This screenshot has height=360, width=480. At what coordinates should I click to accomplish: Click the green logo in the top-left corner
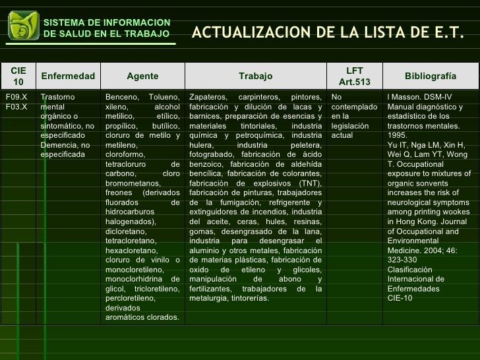pyautogui.click(x=23, y=26)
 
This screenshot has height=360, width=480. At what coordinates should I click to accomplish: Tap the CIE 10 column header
pyautogui.click(x=18, y=76)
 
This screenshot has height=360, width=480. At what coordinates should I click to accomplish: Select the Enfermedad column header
pyautogui.click(x=68, y=76)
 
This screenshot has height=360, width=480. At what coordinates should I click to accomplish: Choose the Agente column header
pyautogui.click(x=142, y=76)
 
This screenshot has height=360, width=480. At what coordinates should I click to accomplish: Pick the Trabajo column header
pyautogui.click(x=255, y=76)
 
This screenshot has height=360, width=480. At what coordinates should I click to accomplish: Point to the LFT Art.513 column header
pyautogui.click(x=355, y=76)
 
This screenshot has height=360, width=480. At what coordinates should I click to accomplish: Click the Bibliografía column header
pyautogui.click(x=430, y=76)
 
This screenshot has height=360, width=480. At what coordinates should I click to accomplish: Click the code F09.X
pyautogui.click(x=16, y=98)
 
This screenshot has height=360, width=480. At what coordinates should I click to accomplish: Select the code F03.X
pyautogui.click(x=16, y=107)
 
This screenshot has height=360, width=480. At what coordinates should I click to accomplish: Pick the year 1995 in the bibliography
pyautogui.click(x=398, y=135)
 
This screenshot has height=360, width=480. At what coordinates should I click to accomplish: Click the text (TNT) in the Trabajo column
pyautogui.click(x=309, y=183)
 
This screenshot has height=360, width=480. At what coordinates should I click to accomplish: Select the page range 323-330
pyautogui.click(x=402, y=260)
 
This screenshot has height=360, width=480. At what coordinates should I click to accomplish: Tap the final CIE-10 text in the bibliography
pyautogui.click(x=400, y=298)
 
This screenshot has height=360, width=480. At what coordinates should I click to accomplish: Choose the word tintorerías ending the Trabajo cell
pyautogui.click(x=250, y=298)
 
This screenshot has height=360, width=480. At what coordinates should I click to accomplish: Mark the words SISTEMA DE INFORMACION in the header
pyautogui.click(x=107, y=23)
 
